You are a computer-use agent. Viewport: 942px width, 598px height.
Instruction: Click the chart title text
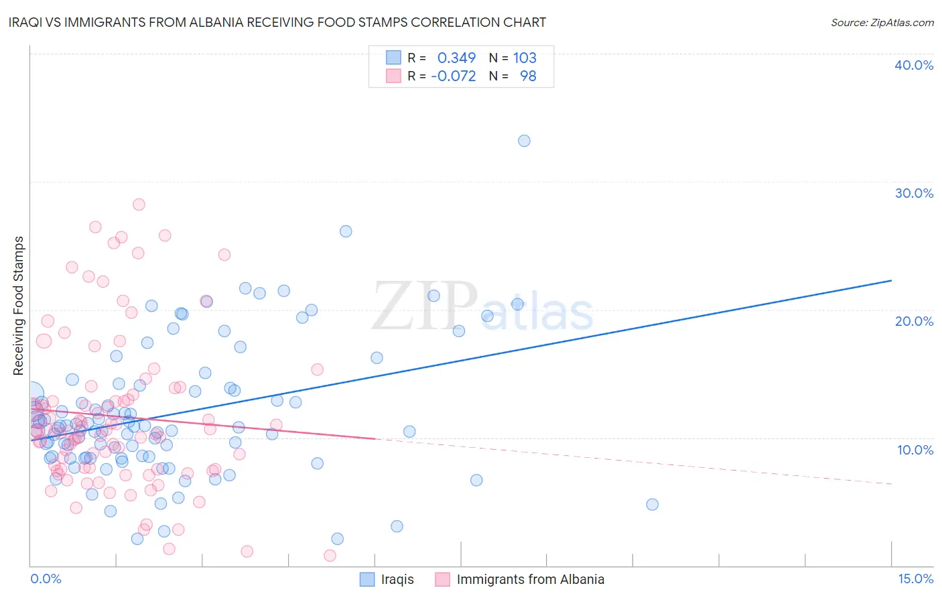coord(277,22)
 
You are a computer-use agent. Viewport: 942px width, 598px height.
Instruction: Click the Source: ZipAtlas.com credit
coord(882,22)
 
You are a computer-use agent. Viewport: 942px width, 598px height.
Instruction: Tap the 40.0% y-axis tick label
coord(914,65)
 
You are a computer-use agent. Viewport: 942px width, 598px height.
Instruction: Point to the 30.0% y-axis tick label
coord(914,193)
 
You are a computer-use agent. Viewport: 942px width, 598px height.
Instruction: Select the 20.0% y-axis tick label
coord(914,321)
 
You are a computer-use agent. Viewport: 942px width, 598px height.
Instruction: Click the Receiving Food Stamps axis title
coord(18,306)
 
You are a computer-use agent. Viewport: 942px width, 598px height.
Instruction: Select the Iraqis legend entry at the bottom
coord(397,579)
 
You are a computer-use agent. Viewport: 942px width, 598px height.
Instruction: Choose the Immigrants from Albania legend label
coord(530,579)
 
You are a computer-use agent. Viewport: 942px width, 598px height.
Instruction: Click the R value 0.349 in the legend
coord(456,58)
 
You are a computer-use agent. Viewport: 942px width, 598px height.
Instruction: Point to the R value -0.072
coord(454,76)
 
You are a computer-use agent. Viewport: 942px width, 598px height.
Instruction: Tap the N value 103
coord(525,58)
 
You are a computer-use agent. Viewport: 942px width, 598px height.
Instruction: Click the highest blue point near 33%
coord(524,141)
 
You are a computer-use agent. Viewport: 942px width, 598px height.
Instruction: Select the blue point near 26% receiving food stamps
coord(346,231)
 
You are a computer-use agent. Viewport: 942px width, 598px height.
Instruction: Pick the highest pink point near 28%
coord(139,204)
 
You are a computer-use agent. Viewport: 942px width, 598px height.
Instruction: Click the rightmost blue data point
coord(652,504)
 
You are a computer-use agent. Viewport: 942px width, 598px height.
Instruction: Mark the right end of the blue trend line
coord(891,280)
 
